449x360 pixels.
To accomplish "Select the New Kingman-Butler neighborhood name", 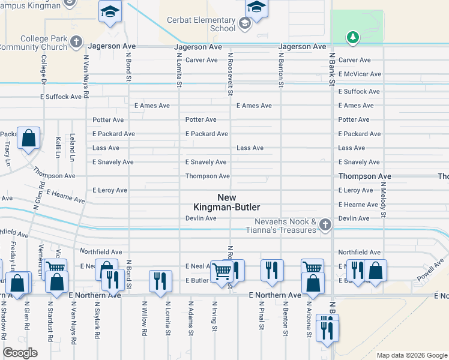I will tap(226, 202).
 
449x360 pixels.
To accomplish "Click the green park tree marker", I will tap(353, 38).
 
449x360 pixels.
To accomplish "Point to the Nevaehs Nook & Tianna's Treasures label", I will tap(282, 226).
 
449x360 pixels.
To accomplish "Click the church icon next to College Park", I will tap(76, 41).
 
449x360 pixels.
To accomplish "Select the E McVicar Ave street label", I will tap(360, 74).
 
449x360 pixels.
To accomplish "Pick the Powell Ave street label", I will tap(430, 269).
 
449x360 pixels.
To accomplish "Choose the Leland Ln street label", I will tap(72, 148).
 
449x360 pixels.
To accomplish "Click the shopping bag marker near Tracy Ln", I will tap(28, 138).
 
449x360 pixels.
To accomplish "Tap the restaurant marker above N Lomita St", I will tap(160, 280).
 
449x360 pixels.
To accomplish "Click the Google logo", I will tap(20, 353).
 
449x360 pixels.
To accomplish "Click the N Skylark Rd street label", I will tap(96, 319).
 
